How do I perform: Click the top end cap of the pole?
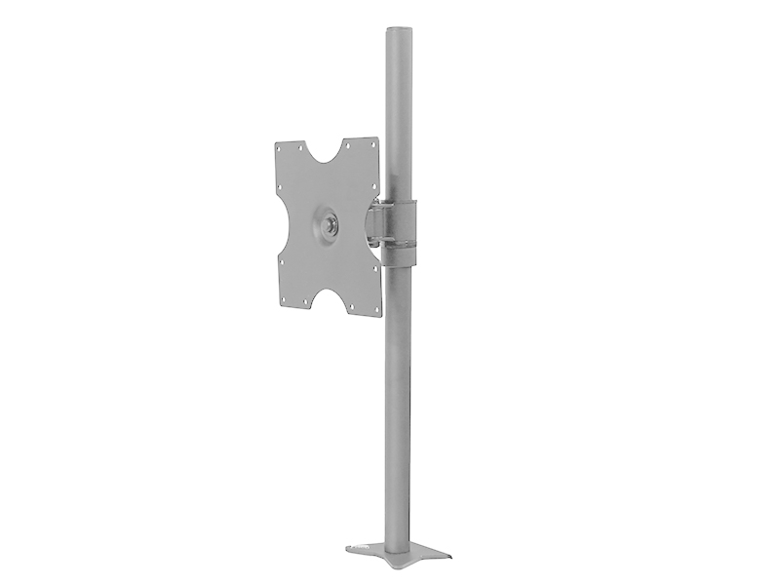click(x=398, y=32)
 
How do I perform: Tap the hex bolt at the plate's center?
click(x=329, y=224)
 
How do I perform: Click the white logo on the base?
click(x=365, y=548)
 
